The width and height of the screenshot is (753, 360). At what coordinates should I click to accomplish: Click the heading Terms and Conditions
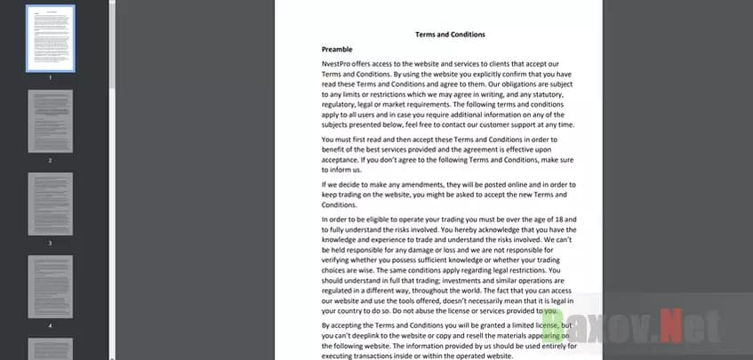tap(450, 35)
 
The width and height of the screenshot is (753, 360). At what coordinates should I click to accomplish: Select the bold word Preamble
tap(339, 49)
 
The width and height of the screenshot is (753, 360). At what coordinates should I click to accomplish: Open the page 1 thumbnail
tap(51, 38)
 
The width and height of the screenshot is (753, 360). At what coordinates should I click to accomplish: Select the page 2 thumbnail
tap(51, 121)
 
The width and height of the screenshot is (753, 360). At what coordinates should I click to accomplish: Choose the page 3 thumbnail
tap(51, 204)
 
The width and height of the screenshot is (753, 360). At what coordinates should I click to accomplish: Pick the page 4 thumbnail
tap(51, 286)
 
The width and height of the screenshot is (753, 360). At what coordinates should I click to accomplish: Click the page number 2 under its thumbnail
tap(51, 160)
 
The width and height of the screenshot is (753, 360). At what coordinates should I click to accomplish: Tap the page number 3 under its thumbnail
tap(51, 243)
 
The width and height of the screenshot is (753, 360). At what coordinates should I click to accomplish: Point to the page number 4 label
tap(51, 325)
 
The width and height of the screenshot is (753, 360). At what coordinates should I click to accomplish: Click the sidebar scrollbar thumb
tap(112, 44)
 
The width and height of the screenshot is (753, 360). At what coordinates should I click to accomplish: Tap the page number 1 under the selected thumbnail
tap(51, 77)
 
